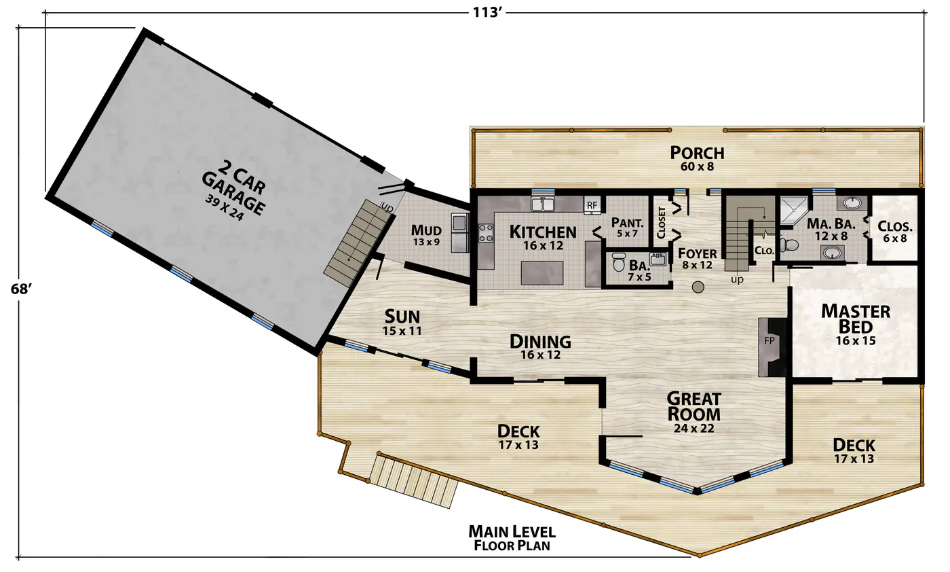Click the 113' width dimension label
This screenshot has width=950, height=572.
pos(488,12)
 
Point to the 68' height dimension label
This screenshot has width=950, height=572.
pos(21,289)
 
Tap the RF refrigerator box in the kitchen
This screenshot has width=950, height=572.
pos(592,205)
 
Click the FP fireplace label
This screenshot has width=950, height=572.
pos(769,340)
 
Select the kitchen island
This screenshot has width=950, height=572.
pos(542,273)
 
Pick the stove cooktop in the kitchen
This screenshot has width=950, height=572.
pos(486,233)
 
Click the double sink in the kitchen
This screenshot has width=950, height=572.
pos(543,204)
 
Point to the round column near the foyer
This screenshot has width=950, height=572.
pos(698,287)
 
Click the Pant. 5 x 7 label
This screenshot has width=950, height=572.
pos(627,227)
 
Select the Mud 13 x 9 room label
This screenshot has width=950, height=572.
pos(426,235)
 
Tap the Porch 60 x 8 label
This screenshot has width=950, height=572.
pos(698,158)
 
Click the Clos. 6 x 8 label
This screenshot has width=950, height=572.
pos(895,232)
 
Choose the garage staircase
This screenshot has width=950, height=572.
pos(358,243)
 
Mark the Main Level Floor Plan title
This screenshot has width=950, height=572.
pos(512,538)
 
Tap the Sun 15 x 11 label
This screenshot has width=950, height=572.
pos(402,322)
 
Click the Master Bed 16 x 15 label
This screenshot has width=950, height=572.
pos(856,325)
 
